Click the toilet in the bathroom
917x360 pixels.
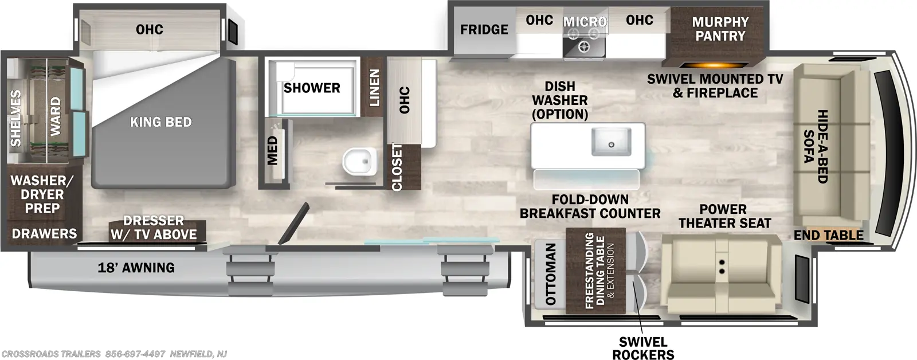359,161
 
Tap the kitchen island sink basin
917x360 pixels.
611,142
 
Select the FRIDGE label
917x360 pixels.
484,29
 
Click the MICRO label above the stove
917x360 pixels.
585,22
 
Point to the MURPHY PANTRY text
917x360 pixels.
720,29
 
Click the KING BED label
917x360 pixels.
161,122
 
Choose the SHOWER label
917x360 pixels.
312,88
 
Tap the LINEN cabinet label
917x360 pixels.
374,88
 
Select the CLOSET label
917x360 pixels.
397,167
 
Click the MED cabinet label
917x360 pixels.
272,151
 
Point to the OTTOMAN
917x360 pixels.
551,274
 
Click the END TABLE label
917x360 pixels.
829,235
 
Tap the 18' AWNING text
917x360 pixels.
136,268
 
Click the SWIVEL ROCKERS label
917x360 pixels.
643,348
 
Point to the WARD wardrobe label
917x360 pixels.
55,116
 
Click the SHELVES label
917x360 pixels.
15,118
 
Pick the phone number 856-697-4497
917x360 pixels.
135,354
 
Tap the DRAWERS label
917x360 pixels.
44,233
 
